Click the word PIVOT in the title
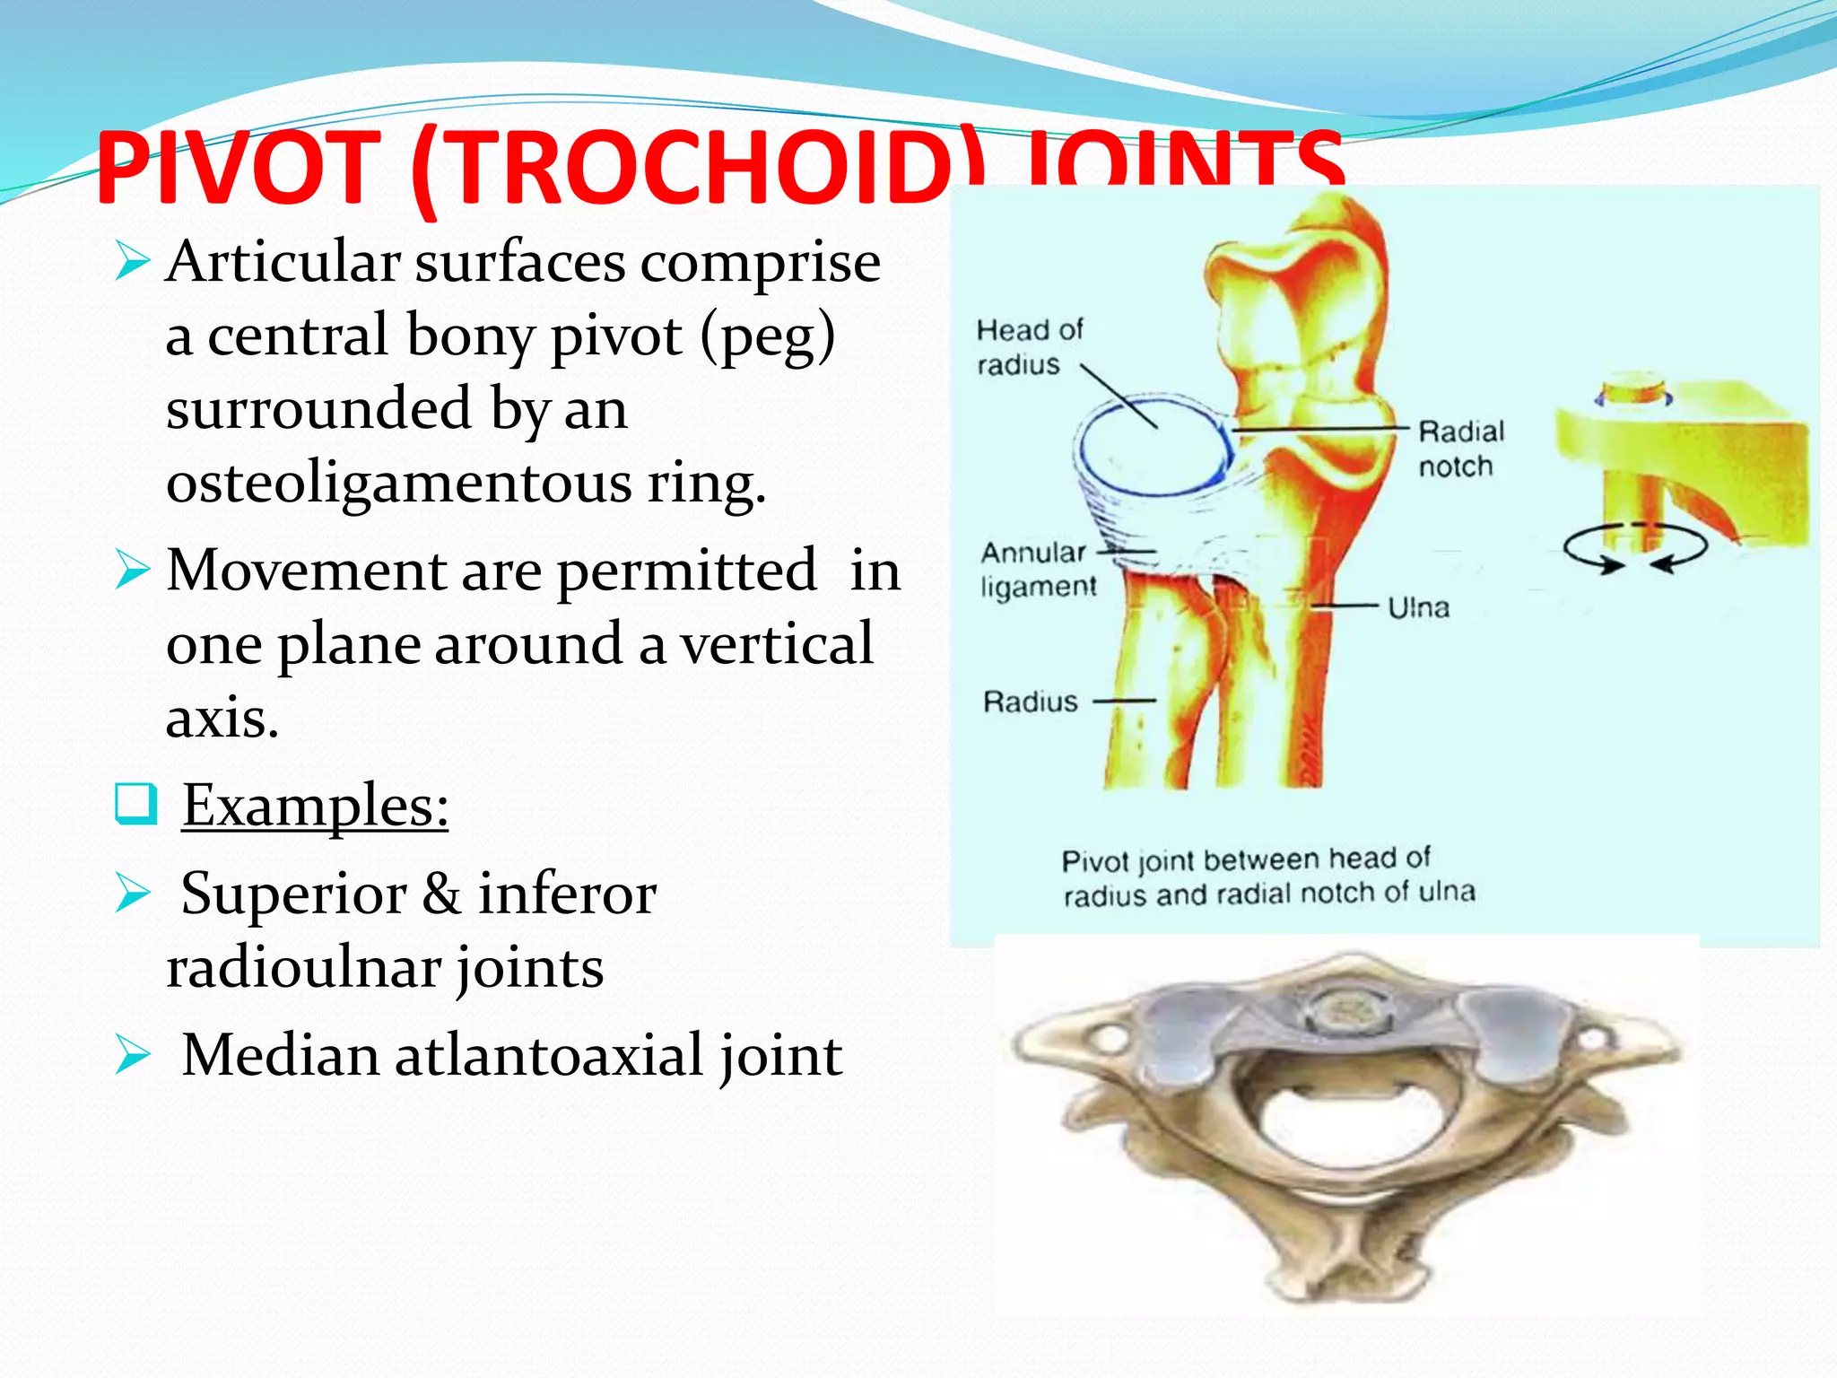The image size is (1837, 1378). [238, 168]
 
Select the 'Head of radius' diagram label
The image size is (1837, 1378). [1029, 347]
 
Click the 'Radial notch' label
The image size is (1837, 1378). [1459, 449]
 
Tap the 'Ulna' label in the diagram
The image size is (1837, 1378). [1418, 608]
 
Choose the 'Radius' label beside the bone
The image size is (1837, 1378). [1030, 702]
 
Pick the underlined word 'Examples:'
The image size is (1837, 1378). [315, 806]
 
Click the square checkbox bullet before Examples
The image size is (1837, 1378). [136, 803]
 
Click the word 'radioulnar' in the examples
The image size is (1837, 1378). [305, 968]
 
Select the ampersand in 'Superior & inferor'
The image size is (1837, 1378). [441, 894]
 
